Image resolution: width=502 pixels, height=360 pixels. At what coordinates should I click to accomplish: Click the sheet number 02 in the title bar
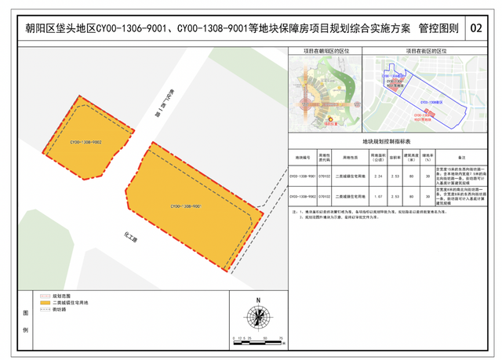click(x=477, y=30)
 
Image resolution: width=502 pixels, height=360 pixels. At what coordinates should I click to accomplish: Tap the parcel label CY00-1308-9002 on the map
click(x=86, y=143)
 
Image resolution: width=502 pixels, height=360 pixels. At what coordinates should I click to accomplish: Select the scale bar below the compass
click(x=257, y=337)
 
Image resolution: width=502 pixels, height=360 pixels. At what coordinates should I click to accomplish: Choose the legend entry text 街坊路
click(x=60, y=309)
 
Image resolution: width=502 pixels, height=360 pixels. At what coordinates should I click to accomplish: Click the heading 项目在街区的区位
click(x=424, y=51)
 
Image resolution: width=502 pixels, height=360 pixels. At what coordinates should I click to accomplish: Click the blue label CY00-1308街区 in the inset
click(x=432, y=101)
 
